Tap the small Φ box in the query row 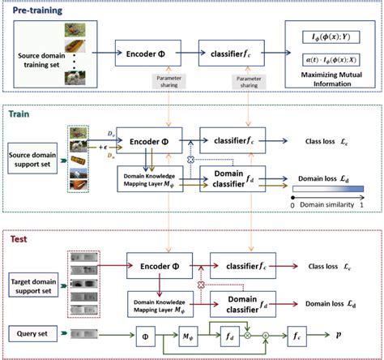[147, 333]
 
